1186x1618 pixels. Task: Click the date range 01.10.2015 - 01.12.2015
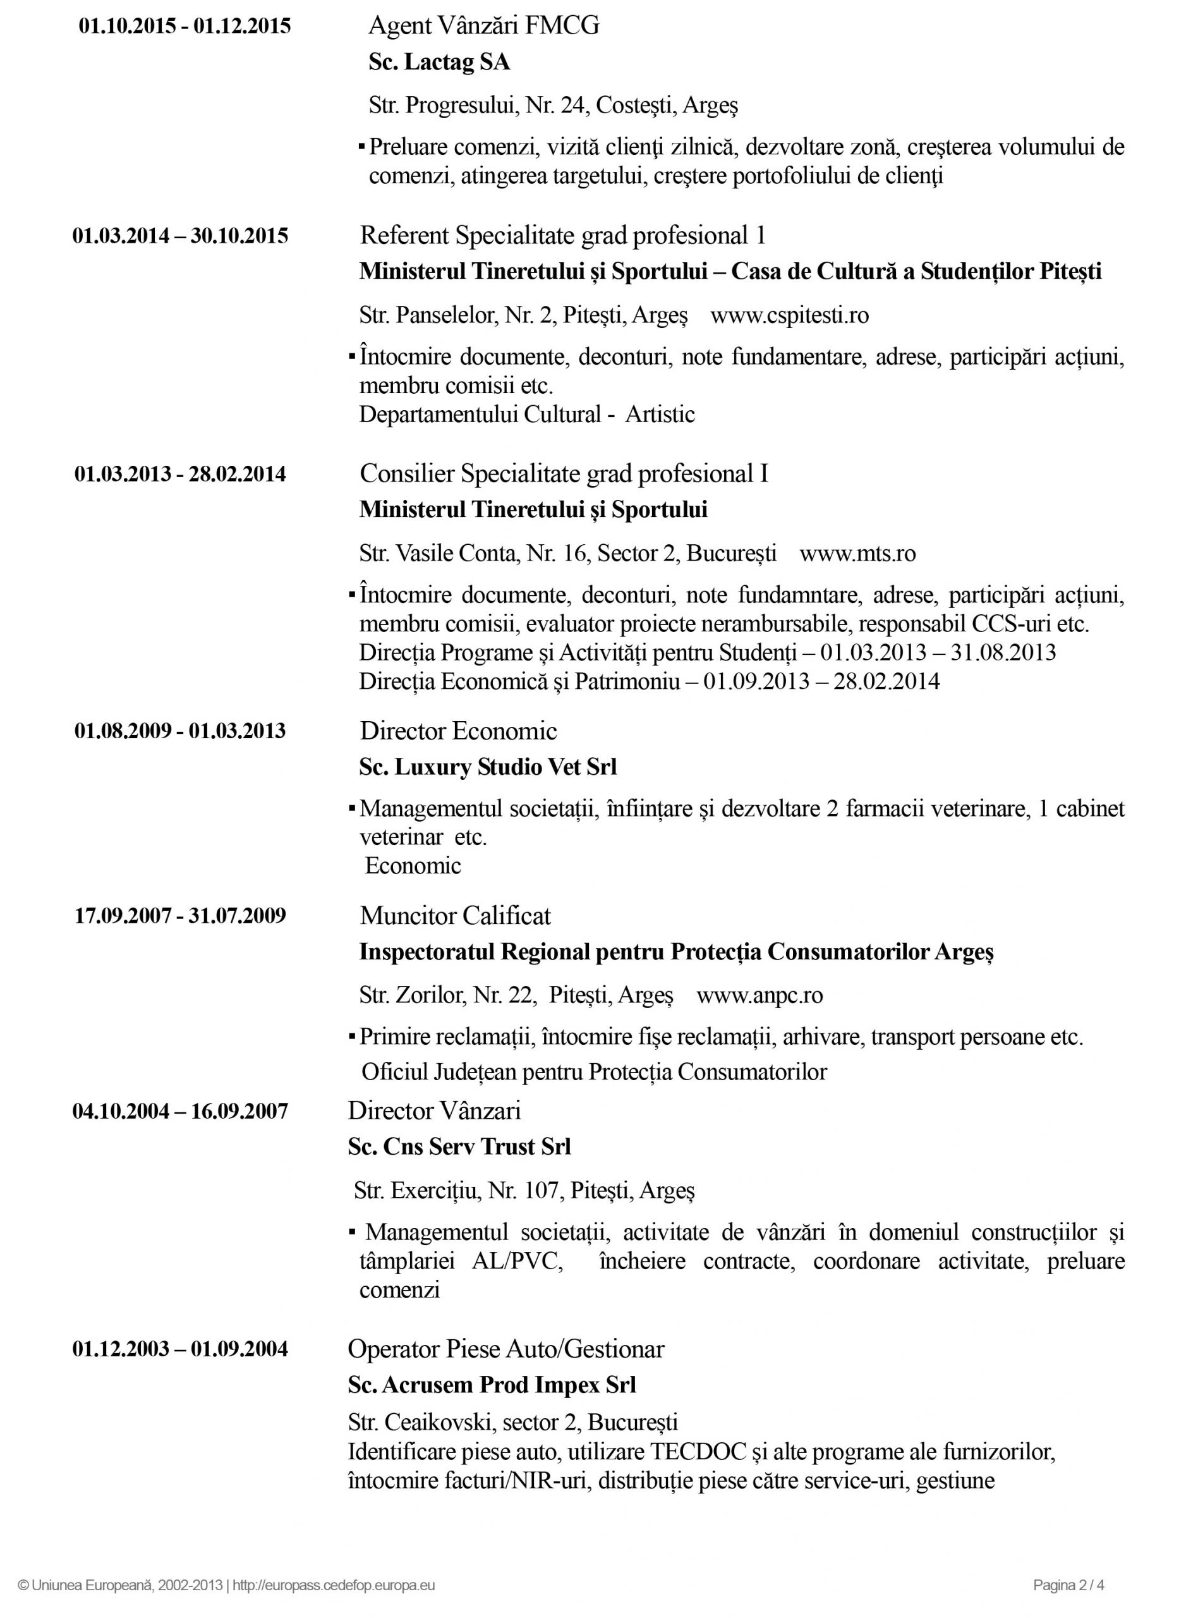[185, 27]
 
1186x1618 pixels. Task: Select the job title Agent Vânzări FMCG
[483, 26]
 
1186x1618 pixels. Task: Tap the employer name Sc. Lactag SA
[439, 63]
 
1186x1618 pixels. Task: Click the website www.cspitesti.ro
[789, 315]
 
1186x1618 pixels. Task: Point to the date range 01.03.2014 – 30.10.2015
[180, 236]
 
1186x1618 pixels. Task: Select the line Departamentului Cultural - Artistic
[527, 415]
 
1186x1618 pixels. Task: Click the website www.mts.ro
[857, 553]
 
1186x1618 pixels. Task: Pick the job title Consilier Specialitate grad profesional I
[564, 474]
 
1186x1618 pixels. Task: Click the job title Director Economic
[458, 731]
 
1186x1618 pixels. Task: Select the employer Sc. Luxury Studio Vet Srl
[488, 767]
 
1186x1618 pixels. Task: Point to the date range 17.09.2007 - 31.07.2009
[180, 916]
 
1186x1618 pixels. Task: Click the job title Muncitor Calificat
[455, 916]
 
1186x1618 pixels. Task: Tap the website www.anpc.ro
[759, 995]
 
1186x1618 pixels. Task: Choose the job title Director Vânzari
[434, 1111]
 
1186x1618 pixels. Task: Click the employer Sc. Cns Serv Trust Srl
[459, 1147]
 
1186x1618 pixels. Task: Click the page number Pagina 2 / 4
[1068, 1585]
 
